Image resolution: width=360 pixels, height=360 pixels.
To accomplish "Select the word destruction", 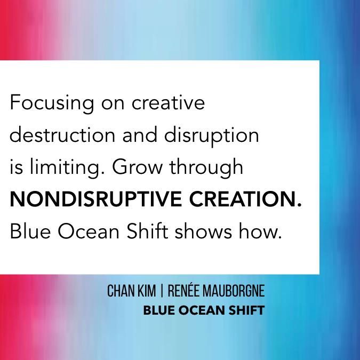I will pos(58,135).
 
